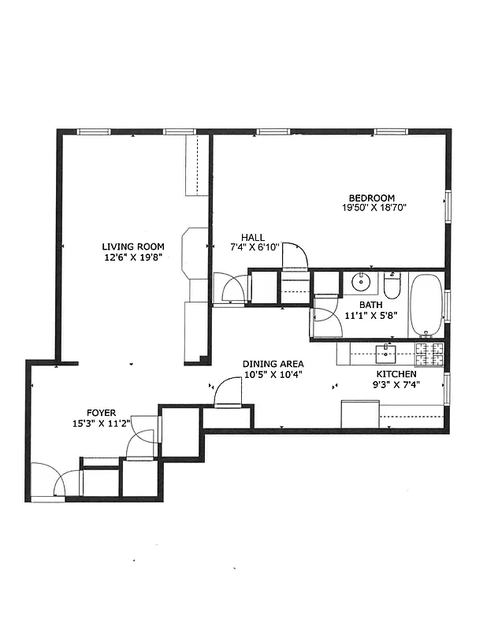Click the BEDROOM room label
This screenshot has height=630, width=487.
tap(373, 198)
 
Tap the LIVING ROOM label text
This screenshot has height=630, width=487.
tap(132, 246)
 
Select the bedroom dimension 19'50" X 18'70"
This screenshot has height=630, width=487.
tap(373, 208)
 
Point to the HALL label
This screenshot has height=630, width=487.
tap(253, 237)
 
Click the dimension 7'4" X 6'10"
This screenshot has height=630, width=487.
tap(253, 247)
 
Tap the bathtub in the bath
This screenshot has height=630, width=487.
tap(426, 306)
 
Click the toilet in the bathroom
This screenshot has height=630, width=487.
tap(393, 282)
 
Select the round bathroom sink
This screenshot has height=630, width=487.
tap(363, 281)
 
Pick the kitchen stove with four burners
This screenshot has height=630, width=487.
tap(430, 354)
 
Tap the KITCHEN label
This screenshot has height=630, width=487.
tap(396, 374)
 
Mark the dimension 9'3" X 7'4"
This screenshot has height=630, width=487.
tap(396, 385)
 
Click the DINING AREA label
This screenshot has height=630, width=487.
tap(273, 364)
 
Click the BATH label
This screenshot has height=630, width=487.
tap(370, 305)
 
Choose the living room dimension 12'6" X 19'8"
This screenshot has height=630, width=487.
tap(132, 257)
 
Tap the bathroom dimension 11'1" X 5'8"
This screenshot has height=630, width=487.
tap(370, 316)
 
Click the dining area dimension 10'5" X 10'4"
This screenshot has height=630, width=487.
tap(273, 374)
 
